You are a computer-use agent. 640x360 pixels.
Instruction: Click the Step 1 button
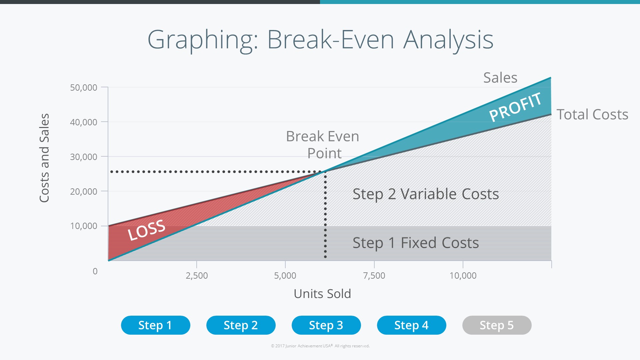click(x=155, y=325)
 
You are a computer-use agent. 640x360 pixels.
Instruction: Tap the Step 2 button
click(x=241, y=325)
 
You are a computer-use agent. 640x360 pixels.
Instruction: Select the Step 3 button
click(x=326, y=325)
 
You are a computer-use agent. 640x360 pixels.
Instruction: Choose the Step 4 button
click(x=411, y=325)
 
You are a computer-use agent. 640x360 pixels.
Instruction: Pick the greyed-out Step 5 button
click(x=497, y=325)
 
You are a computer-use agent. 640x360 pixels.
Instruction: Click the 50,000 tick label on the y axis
click(x=84, y=88)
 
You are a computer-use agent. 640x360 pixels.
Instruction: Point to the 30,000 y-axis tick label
click(x=84, y=157)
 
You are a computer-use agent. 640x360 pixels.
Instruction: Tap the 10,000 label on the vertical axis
click(x=84, y=226)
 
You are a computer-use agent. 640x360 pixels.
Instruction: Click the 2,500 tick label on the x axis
click(x=197, y=276)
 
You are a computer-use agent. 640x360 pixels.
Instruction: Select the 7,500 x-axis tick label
click(x=374, y=276)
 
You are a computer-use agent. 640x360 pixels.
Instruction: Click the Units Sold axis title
click(x=322, y=294)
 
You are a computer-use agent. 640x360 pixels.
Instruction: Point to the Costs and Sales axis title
click(x=44, y=158)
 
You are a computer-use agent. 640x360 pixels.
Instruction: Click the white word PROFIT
click(x=515, y=107)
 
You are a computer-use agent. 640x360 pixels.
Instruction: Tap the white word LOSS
click(x=147, y=230)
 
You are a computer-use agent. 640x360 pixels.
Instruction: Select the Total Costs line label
click(x=592, y=114)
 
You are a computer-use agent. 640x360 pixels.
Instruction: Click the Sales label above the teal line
click(x=500, y=78)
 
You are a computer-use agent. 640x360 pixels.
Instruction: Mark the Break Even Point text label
click(x=323, y=145)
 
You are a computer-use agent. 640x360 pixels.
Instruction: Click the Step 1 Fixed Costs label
click(x=416, y=243)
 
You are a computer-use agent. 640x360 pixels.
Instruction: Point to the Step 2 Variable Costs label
click(x=426, y=194)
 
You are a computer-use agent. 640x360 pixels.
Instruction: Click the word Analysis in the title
click(x=448, y=40)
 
